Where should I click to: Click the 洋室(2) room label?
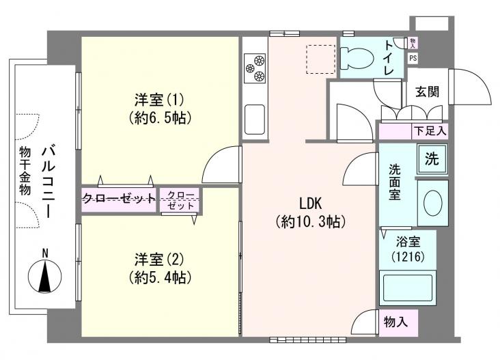click(159, 260)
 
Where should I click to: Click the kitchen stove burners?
click(254, 66)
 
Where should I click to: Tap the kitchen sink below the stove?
click(255, 120)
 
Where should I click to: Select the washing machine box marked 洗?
click(432, 161)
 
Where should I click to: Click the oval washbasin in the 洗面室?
click(433, 203)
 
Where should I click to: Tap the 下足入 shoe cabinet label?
click(430, 130)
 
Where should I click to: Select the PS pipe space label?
click(413, 58)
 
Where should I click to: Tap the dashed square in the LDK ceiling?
click(320, 58)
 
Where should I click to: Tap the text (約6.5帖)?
click(159, 117)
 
